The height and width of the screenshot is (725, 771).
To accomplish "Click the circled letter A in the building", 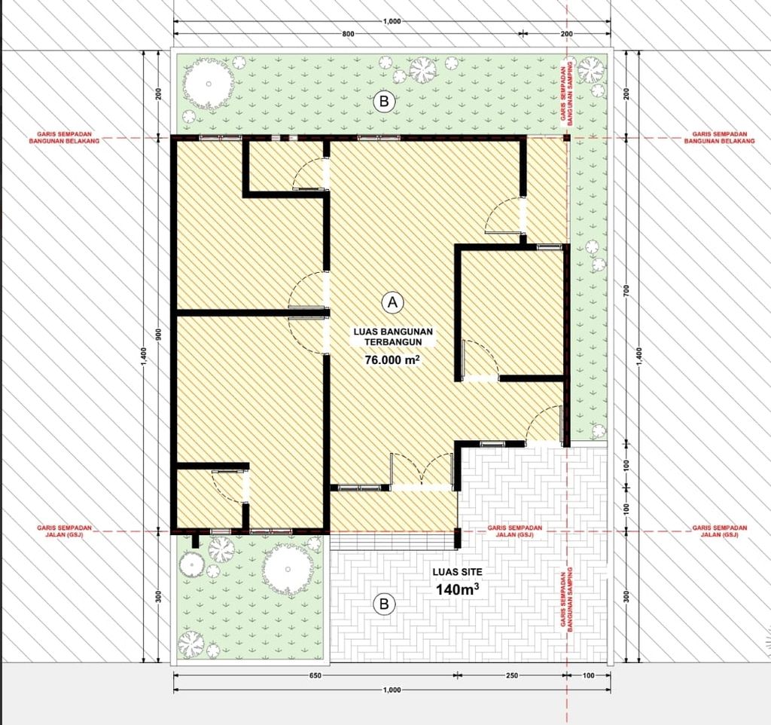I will point(392,302).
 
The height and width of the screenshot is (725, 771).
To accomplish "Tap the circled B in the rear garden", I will point(384,100).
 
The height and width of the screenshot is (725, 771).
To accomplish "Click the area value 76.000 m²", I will point(392,360).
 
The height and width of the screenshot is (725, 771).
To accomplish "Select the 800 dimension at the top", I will point(347,34).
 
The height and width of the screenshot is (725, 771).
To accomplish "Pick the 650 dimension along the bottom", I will point(315,675).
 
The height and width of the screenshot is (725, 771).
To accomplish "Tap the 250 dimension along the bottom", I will point(512,675).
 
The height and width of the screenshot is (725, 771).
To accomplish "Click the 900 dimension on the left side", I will point(159,335).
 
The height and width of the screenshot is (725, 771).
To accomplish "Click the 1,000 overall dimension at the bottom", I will point(392,690).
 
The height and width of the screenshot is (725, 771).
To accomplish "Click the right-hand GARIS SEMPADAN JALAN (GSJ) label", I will point(720,531).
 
